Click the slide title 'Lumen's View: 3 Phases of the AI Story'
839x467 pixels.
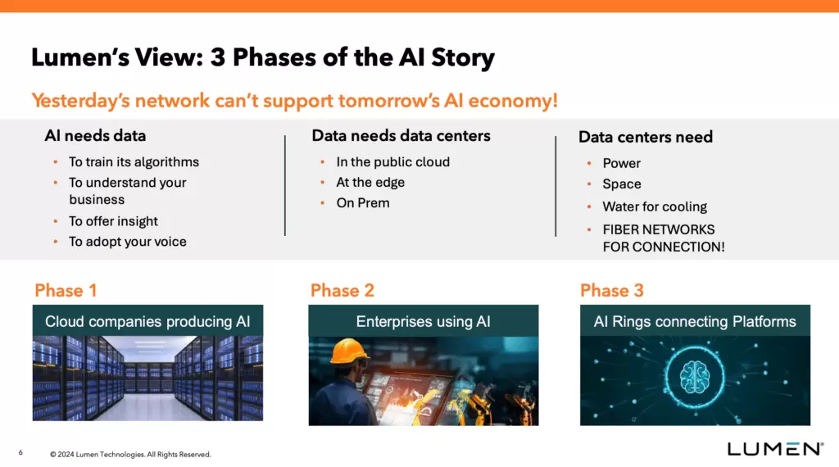coord(262,58)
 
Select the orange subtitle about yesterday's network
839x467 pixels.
coord(294,101)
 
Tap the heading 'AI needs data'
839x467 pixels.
coord(95,136)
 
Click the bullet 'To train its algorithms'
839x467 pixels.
coord(134,162)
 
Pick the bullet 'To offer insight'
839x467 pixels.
coord(113,221)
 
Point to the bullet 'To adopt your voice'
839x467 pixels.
coord(127,242)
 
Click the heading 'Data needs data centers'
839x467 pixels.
coord(401,136)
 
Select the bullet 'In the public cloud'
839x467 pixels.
coord(392,162)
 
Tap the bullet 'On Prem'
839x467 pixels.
coord(363,203)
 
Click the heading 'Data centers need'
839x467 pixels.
coord(646,137)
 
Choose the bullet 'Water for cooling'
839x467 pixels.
coord(654,207)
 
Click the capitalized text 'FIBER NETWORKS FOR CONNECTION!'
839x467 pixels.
coord(663,238)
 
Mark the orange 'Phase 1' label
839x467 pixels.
coord(66,291)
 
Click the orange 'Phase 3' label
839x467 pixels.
coord(611,291)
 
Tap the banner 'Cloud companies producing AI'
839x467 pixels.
coord(147,321)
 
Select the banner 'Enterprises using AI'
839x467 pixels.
coord(423,321)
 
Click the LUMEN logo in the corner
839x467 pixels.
coord(775,449)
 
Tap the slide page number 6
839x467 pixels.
coord(20,452)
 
